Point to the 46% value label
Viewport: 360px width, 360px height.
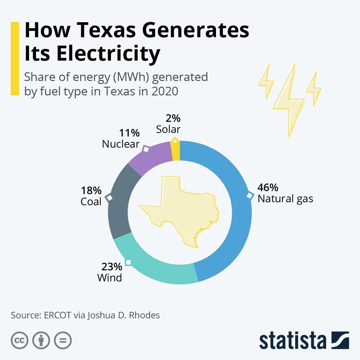click(268, 187)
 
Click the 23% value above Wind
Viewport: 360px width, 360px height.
click(112, 266)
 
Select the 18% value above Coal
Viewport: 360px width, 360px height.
click(91, 190)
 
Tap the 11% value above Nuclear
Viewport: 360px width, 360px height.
click(129, 133)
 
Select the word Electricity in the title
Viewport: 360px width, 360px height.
click(108, 54)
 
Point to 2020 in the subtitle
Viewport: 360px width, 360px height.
click(165, 91)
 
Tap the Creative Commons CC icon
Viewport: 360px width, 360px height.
click(19, 340)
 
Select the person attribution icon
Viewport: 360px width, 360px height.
click(41, 340)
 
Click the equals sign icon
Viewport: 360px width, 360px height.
click(63, 340)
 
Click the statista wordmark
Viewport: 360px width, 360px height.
click(292, 340)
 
